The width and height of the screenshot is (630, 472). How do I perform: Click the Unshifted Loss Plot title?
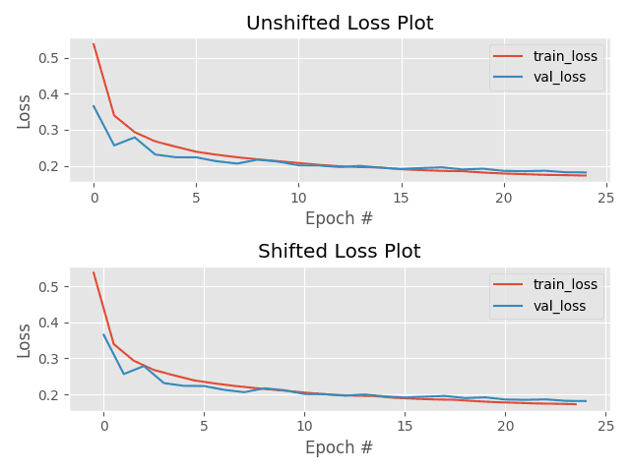click(x=340, y=24)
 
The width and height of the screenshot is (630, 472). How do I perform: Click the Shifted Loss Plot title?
click(x=340, y=252)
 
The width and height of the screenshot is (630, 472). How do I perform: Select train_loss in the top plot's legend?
click(x=565, y=57)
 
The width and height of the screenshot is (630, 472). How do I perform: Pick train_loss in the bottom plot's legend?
click(x=565, y=285)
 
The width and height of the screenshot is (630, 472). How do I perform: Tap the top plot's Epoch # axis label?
click(x=340, y=219)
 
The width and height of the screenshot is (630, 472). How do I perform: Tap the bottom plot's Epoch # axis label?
click(x=340, y=447)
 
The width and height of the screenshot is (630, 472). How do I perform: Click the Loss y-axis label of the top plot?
click(x=25, y=111)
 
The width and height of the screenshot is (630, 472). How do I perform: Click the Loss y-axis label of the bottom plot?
click(x=25, y=339)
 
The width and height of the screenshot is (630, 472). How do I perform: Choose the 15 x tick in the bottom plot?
click(x=405, y=426)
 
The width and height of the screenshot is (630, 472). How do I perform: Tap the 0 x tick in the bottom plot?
click(x=103, y=426)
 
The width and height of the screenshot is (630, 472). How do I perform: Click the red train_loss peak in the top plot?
click(x=94, y=44)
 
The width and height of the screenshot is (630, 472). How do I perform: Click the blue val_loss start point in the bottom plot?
click(x=103, y=334)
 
